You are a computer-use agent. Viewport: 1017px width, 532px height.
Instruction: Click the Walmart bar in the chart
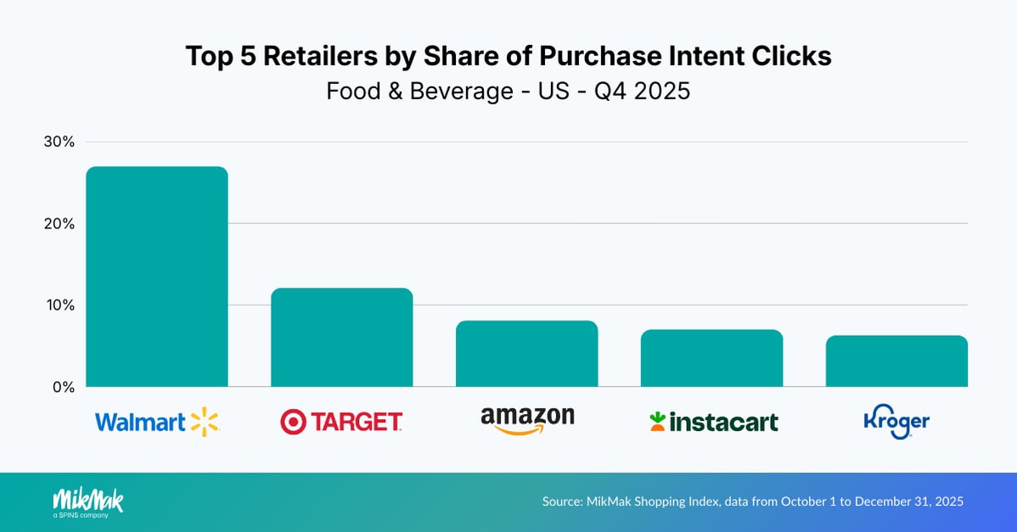(x=156, y=277)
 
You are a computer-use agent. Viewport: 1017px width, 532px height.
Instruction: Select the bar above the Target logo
(x=341, y=338)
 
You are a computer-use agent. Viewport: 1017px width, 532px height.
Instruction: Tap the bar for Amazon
(x=526, y=354)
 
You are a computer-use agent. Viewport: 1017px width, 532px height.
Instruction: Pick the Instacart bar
(x=711, y=358)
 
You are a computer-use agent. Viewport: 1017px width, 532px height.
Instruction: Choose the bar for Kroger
(x=896, y=361)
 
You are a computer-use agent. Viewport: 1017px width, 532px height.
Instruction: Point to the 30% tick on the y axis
(x=59, y=142)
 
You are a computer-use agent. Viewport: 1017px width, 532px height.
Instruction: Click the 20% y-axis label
(x=59, y=224)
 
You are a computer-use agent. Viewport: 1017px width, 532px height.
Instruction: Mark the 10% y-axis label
(x=59, y=305)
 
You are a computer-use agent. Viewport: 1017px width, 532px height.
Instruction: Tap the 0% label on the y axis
(x=64, y=387)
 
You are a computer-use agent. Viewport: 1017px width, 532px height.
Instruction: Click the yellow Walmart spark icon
(x=205, y=422)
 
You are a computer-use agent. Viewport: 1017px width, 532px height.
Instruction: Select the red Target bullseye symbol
(x=293, y=422)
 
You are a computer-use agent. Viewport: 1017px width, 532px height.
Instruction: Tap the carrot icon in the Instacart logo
(x=656, y=421)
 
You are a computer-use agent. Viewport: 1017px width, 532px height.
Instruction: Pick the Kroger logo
(x=896, y=421)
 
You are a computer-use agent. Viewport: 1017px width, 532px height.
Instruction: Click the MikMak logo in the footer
(x=87, y=501)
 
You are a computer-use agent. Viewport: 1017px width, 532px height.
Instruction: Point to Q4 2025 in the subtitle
(x=643, y=91)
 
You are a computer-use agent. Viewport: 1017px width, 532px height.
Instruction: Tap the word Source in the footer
(x=562, y=501)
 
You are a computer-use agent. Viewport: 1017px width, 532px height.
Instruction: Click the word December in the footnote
(x=883, y=501)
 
